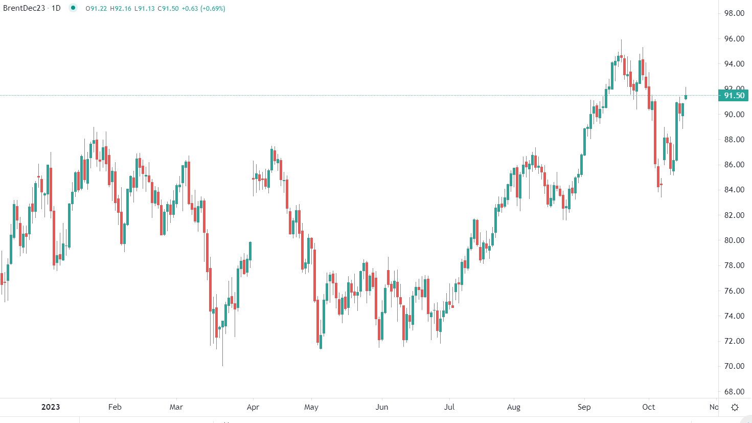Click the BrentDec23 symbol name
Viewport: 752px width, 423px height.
click(24, 8)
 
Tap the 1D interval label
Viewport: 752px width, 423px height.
click(56, 8)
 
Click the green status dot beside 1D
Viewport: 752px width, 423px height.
click(73, 8)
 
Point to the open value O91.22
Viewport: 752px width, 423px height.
click(97, 9)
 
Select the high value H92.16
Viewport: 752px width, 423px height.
click(121, 9)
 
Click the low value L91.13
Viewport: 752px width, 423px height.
click(145, 9)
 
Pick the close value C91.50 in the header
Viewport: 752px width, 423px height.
click(168, 9)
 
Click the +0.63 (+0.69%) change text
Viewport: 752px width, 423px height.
click(203, 9)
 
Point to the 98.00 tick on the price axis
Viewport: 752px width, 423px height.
click(734, 13)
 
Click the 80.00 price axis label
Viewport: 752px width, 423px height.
click(734, 240)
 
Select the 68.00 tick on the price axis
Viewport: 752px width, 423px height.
click(734, 392)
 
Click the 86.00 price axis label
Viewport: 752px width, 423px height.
click(734, 165)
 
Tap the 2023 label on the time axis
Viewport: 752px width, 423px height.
click(51, 407)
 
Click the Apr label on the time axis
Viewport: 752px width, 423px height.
click(253, 407)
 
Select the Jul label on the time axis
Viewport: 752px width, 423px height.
click(449, 407)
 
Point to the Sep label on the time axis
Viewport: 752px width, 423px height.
click(584, 407)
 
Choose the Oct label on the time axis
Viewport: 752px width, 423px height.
click(649, 407)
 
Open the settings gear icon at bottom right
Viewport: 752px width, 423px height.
click(735, 408)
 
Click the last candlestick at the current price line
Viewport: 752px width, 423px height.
click(686, 97)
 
